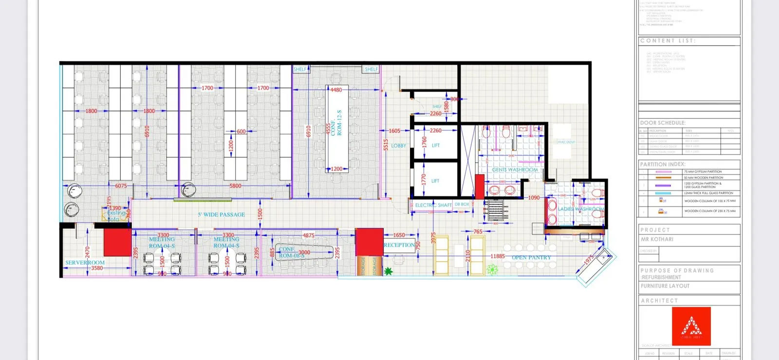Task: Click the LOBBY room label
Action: click(398, 146)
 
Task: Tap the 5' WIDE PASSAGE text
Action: click(221, 214)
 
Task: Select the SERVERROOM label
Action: click(85, 263)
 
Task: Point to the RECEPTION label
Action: click(399, 245)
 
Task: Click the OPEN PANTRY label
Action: click(531, 258)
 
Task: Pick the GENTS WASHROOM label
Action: click(515, 170)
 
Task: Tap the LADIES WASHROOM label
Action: click(580, 209)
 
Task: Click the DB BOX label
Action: click(462, 205)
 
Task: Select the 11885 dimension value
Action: click(497, 256)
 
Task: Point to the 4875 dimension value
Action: click(309, 235)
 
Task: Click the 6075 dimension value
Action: click(121, 186)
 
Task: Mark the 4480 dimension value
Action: click(336, 90)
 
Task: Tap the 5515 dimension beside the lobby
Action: click(386, 145)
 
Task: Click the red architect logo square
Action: click(691, 326)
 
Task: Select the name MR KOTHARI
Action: click(657, 239)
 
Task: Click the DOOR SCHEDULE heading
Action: click(663, 123)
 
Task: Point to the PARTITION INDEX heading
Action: click(663, 165)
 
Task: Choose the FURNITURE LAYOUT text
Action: click(665, 286)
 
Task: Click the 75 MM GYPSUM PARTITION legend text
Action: click(703, 172)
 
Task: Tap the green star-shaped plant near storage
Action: click(388, 271)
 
